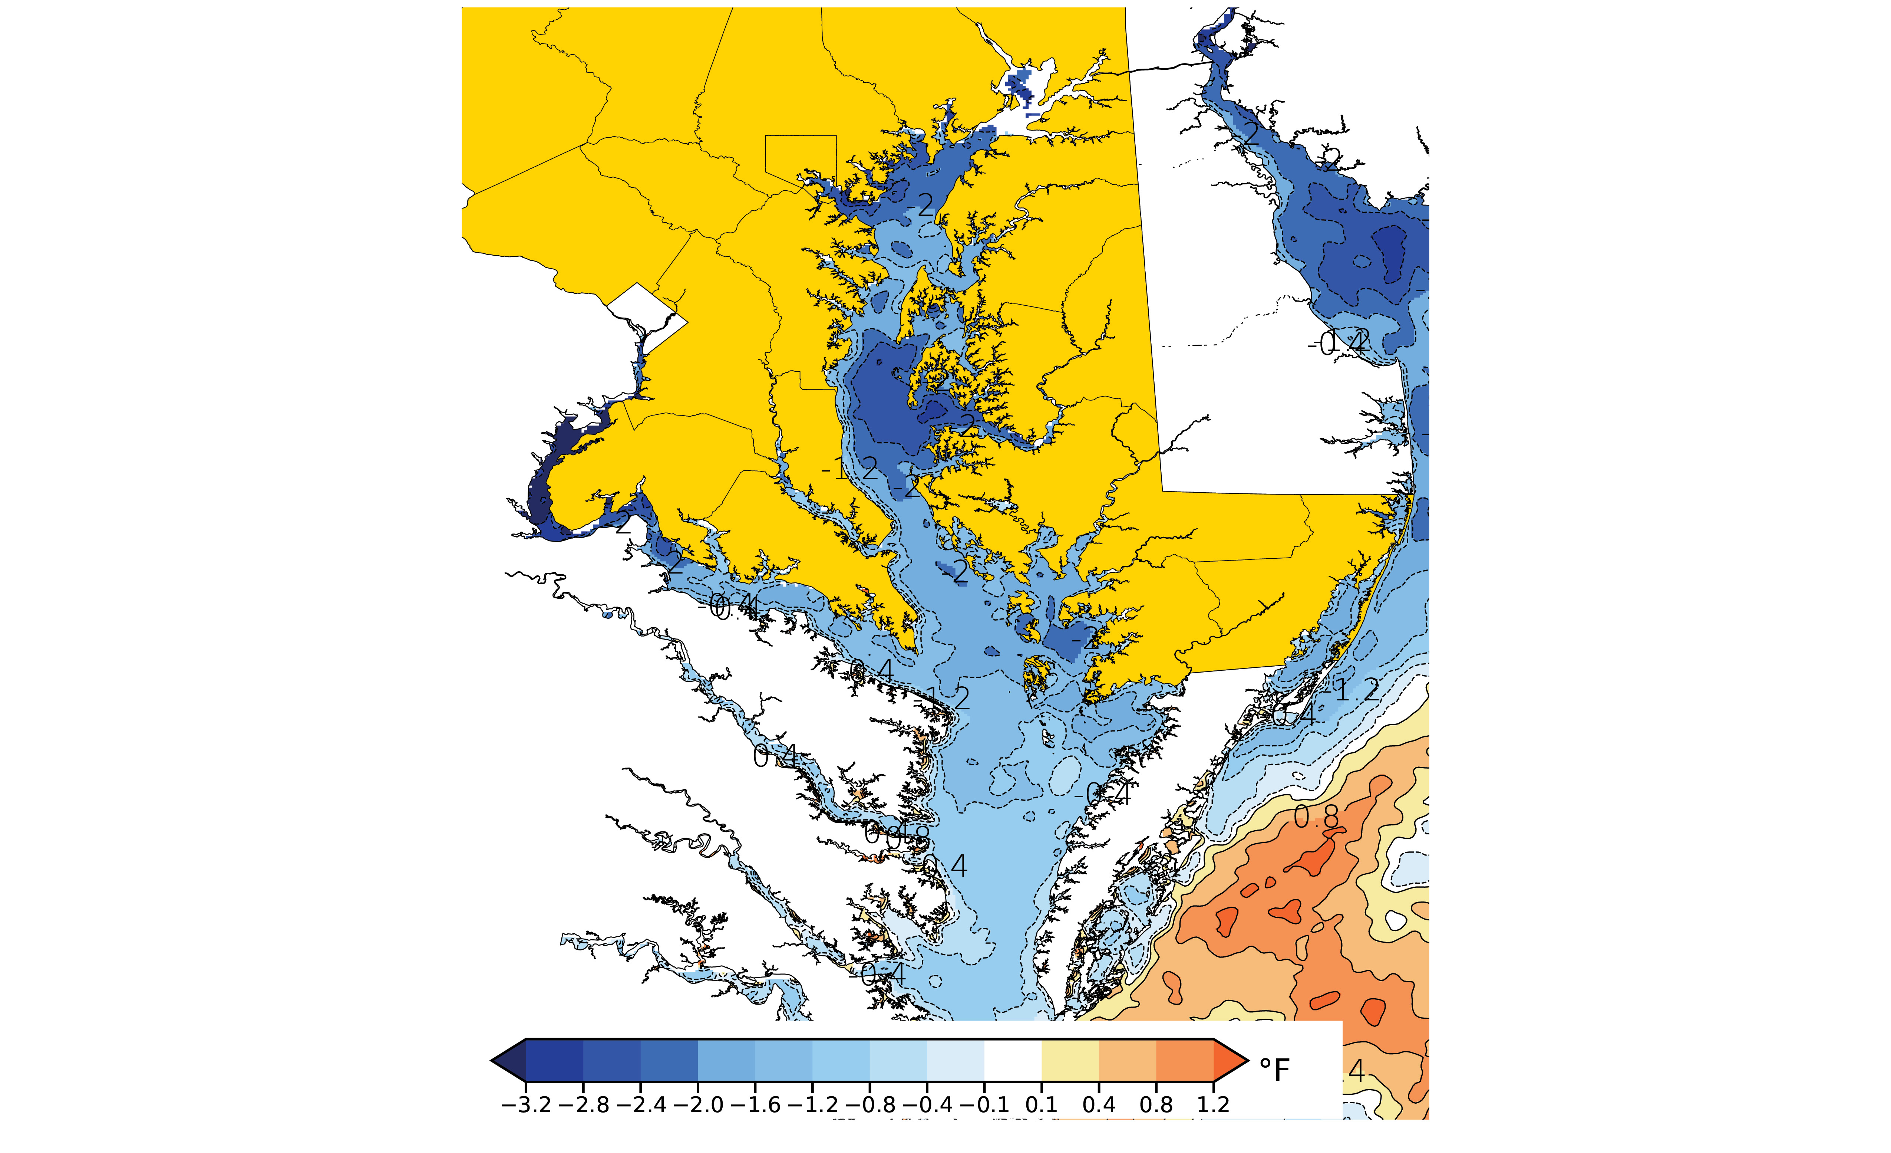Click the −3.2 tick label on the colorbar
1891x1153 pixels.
pos(526,1106)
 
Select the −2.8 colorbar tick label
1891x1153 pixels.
pos(583,1106)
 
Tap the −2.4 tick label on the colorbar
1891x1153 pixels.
pos(641,1106)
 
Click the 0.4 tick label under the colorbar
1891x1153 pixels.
pos(1099,1106)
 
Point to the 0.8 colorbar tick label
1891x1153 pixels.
pos(1156,1106)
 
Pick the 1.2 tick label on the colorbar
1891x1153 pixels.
pos(1213,1106)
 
